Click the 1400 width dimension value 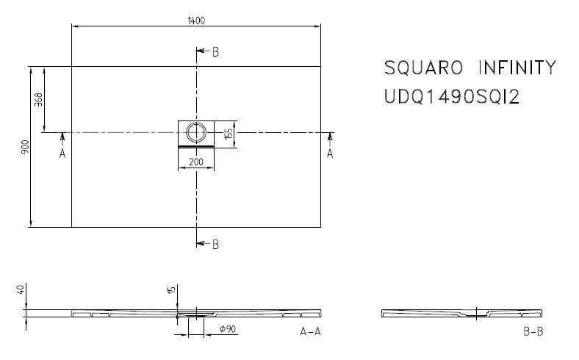(x=196, y=20)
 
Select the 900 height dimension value (x=25, y=147)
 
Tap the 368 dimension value (x=39, y=99)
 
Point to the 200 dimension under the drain (x=196, y=162)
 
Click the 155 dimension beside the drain (x=229, y=133)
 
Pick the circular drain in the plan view (x=196, y=133)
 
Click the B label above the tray (x=215, y=52)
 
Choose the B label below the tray (x=215, y=245)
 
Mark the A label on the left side (x=62, y=154)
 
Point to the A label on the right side (x=330, y=154)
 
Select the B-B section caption (x=533, y=332)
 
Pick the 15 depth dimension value (x=172, y=291)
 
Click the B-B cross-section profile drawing (x=463, y=314)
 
